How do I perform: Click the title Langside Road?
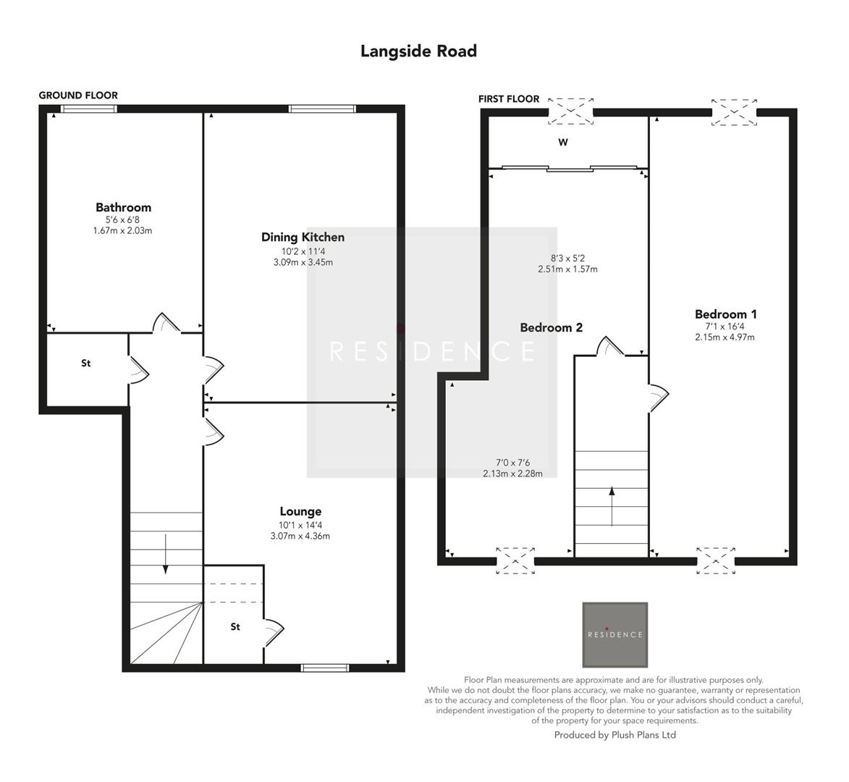(418, 51)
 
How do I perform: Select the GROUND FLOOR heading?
(78, 96)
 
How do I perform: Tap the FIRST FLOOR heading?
(508, 98)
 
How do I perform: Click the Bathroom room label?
(123, 208)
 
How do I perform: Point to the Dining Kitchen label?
(303, 237)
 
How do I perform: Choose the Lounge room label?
(300, 512)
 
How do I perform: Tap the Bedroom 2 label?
(551, 328)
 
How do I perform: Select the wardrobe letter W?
(562, 143)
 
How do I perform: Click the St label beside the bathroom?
(85, 363)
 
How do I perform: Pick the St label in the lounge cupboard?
(235, 627)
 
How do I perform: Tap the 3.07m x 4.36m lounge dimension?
(300, 537)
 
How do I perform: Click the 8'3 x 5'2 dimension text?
(567, 258)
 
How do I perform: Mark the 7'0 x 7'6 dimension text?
(512, 463)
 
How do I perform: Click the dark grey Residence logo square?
(614, 634)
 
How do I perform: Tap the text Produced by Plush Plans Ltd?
(614, 735)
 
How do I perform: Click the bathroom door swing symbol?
(166, 323)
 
